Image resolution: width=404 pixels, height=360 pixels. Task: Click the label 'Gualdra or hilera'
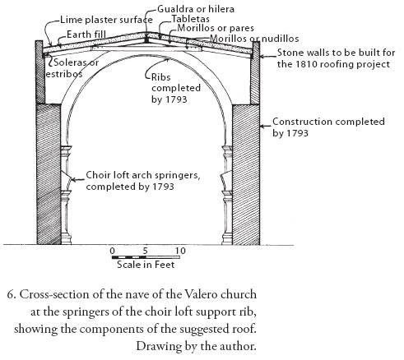(196, 9)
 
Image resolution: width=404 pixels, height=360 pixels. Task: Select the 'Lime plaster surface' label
(106, 20)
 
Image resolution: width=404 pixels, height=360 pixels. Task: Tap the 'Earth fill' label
(86, 35)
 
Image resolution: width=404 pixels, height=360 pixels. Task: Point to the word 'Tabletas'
(190, 19)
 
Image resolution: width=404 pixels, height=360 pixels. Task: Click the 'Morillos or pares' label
(216, 28)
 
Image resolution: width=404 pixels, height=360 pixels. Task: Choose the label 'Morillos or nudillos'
(254, 39)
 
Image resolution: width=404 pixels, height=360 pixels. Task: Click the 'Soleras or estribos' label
(72, 68)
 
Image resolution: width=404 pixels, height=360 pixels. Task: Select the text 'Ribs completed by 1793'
(176, 88)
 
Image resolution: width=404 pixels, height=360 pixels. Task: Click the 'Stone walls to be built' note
(336, 58)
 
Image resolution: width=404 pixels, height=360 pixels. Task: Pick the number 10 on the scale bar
(180, 251)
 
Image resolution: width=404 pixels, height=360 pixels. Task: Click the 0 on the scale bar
(112, 251)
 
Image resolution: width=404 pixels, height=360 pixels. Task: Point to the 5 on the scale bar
(145, 251)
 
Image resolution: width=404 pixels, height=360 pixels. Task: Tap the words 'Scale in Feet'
(146, 265)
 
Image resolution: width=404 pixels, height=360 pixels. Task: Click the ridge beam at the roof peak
(146, 39)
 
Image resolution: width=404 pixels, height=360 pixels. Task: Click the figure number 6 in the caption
(10, 295)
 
